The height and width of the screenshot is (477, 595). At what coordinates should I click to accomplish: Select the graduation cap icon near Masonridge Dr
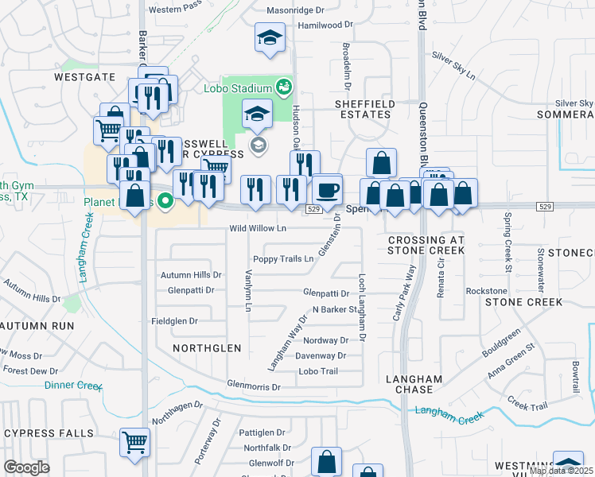270,37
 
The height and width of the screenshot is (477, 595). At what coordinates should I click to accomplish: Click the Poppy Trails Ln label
283,259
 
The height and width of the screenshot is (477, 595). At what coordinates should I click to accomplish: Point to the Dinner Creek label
73,386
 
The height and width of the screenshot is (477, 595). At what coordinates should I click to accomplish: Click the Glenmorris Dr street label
254,387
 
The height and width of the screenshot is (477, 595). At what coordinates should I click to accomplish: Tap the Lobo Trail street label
318,371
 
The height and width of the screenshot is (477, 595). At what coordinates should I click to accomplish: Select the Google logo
26,467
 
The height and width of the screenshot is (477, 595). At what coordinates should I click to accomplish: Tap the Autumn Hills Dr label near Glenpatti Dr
190,274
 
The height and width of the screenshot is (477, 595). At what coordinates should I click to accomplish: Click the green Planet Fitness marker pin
165,201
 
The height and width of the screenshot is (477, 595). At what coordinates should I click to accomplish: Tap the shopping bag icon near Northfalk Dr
326,461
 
